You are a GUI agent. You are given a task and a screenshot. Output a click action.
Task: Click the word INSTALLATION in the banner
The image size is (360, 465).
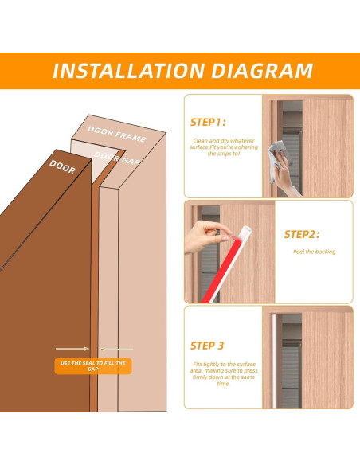[x=128, y=71]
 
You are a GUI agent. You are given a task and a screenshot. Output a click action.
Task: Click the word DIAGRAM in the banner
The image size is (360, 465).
[x=262, y=71]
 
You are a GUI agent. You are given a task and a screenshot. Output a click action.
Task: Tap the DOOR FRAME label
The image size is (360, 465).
[x=116, y=135]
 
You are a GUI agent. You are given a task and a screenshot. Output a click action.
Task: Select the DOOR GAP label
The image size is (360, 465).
[x=117, y=158]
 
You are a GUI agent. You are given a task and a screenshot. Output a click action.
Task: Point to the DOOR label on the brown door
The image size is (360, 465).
[x=62, y=166]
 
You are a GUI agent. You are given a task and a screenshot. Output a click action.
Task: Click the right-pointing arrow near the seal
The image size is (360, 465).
[x=72, y=349]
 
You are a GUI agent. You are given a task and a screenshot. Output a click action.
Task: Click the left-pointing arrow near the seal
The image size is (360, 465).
[x=116, y=350]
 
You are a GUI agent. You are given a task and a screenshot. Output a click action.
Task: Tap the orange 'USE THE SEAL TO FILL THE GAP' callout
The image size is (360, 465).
[x=93, y=366]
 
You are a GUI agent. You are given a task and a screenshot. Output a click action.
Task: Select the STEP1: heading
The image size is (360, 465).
[x=208, y=122]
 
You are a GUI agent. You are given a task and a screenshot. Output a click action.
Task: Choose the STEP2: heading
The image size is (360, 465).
[x=302, y=234]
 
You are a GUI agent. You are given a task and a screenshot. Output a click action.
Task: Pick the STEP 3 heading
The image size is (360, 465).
[x=207, y=346]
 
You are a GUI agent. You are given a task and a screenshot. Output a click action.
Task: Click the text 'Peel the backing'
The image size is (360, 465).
[x=315, y=252]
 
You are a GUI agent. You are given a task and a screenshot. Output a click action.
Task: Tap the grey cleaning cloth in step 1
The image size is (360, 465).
[x=278, y=159]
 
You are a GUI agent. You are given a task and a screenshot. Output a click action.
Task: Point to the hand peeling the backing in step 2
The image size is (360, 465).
[x=205, y=236]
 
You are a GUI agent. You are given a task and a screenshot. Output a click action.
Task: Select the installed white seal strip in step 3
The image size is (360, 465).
[x=274, y=361]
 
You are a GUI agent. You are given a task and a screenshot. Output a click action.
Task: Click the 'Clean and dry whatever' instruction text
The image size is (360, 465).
[x=224, y=141]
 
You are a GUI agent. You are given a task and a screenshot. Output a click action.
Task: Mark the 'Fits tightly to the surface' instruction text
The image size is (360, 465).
[x=224, y=365]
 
